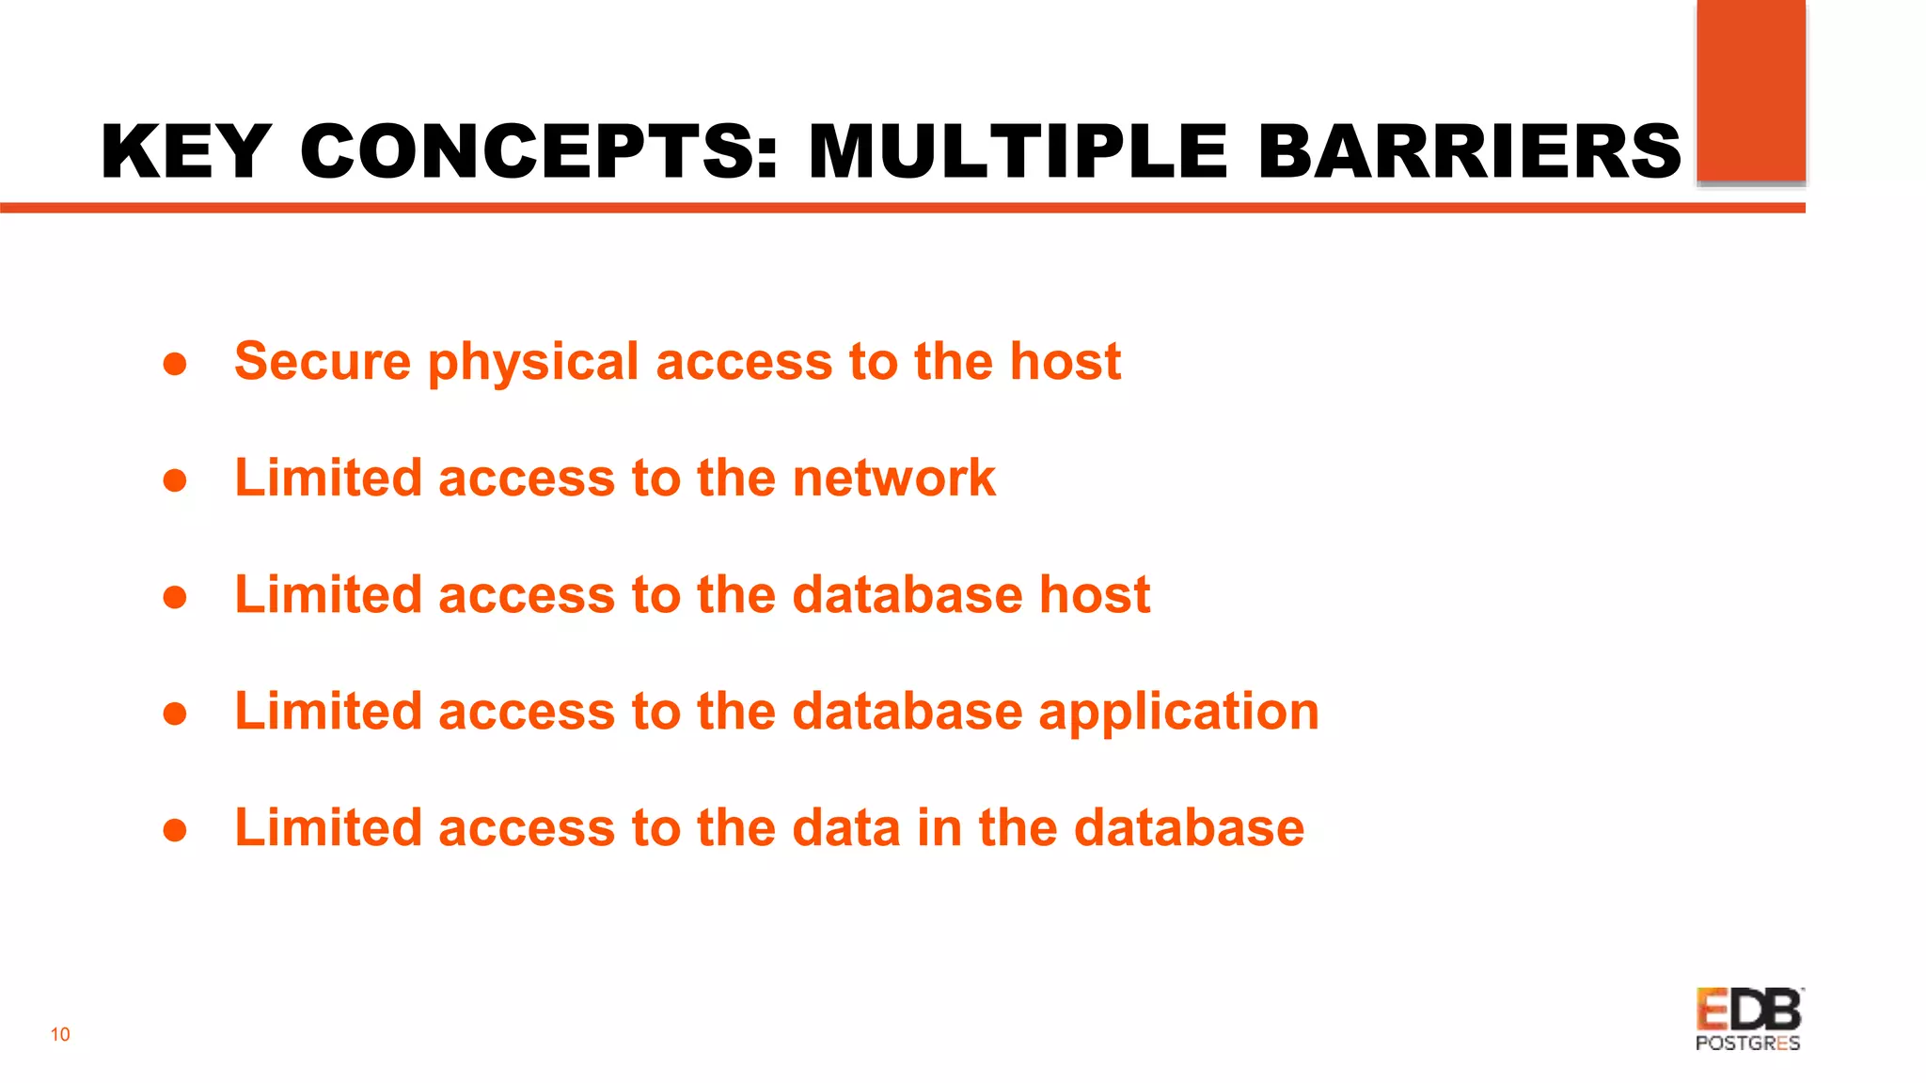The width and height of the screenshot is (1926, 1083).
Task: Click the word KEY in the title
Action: pyautogui.click(x=185, y=152)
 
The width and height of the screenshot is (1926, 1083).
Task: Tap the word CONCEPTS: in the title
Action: pyautogui.click(x=539, y=152)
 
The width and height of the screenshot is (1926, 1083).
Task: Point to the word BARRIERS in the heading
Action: pyautogui.click(x=1469, y=152)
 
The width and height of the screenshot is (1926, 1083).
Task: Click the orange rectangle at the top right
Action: pyautogui.click(x=1750, y=90)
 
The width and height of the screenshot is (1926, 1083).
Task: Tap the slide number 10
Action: pyautogui.click(x=60, y=1035)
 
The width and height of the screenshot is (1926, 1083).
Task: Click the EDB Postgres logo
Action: pyautogui.click(x=1748, y=1019)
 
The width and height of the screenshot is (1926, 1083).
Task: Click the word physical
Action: pyautogui.click(x=533, y=363)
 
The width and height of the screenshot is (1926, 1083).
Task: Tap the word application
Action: pyautogui.click(x=1178, y=712)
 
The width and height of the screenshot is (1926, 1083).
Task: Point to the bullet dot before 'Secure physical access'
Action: pyautogui.click(x=175, y=365)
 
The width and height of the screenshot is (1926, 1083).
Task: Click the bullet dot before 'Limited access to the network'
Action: pyautogui.click(x=175, y=481)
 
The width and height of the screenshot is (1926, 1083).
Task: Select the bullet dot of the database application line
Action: pyautogui.click(x=175, y=714)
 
